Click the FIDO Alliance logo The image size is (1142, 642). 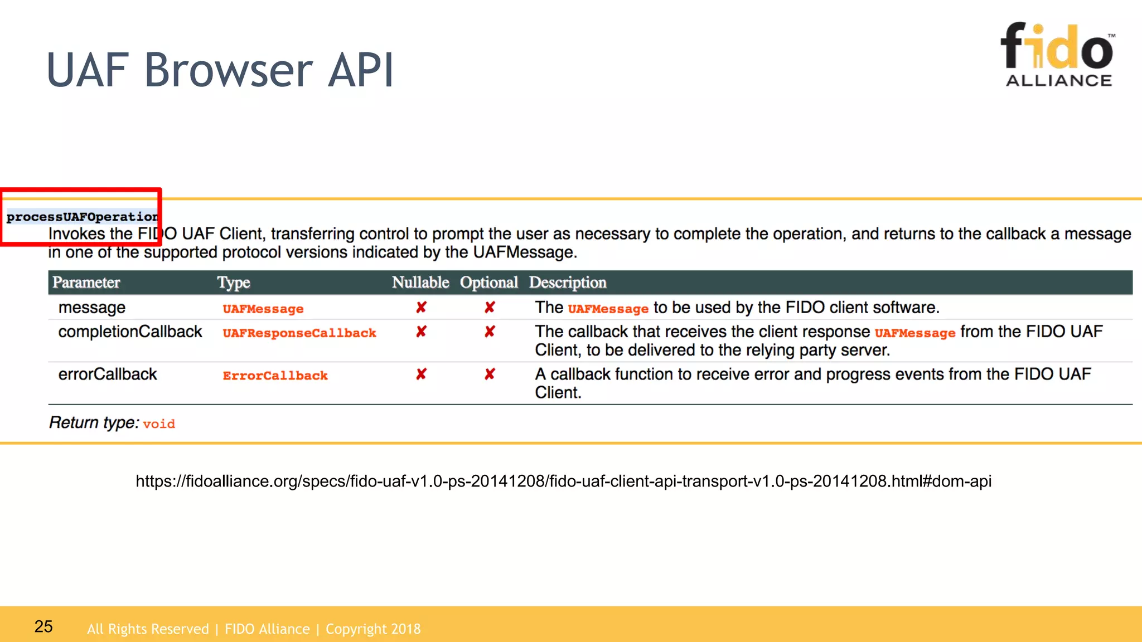[1058, 55]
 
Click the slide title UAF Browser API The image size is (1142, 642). [220, 70]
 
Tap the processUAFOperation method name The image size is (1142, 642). [82, 217]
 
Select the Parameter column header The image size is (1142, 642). [86, 283]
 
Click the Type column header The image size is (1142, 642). [234, 283]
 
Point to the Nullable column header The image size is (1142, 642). [420, 283]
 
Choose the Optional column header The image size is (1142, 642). [488, 283]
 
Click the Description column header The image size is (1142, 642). [567, 283]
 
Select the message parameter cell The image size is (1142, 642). [92, 308]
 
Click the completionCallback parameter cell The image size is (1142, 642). [130, 332]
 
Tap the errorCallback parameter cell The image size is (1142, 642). [108, 374]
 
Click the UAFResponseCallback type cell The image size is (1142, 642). [299, 333]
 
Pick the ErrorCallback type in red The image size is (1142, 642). [275, 376]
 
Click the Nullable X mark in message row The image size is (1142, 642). [421, 308]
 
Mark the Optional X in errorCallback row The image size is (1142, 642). [490, 374]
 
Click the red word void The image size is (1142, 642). [159, 424]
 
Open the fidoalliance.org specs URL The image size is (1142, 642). [563, 481]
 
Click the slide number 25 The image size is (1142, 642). [43, 626]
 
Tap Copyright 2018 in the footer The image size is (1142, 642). [372, 629]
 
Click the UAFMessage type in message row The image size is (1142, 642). [263, 309]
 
